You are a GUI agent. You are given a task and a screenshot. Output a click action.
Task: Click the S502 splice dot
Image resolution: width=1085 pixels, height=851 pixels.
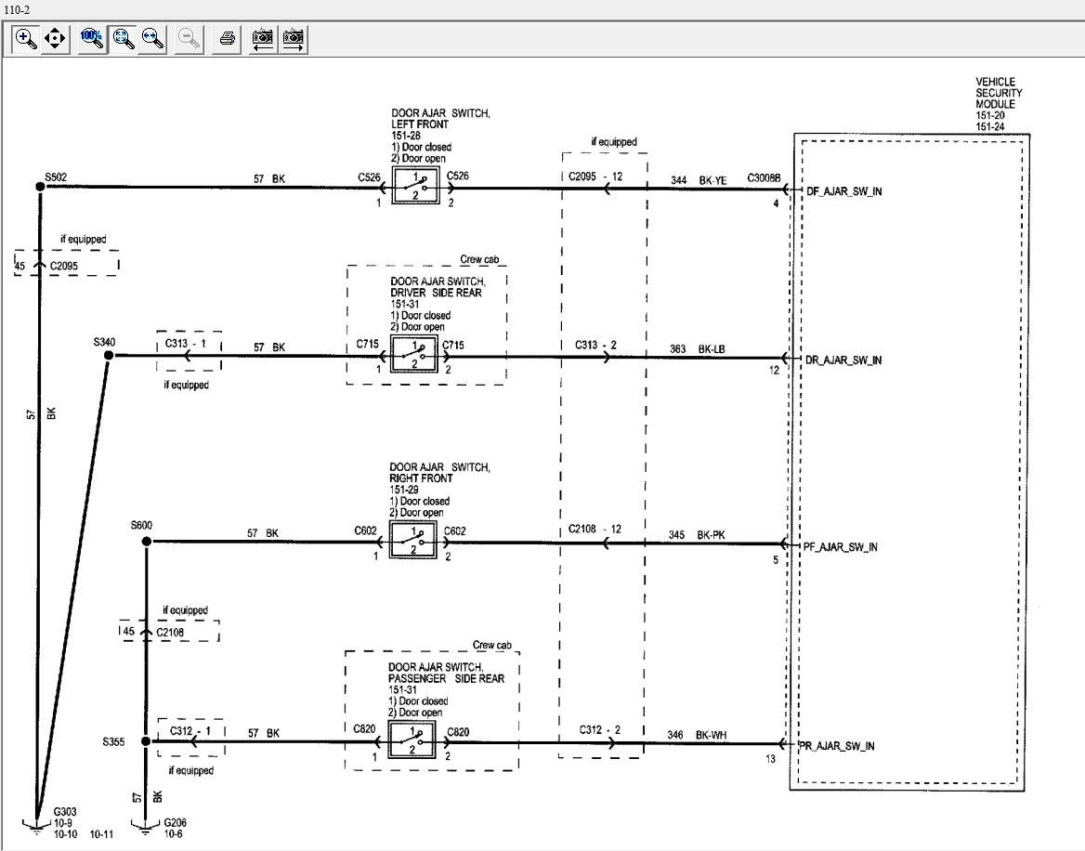coord(40,187)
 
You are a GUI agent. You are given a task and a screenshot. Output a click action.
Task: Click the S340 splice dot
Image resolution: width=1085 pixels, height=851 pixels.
coord(108,356)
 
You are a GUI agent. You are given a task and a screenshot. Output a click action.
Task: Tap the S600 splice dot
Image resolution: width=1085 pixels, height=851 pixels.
coord(146,542)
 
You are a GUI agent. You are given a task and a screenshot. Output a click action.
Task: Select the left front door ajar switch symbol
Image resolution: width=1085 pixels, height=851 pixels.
coord(415,187)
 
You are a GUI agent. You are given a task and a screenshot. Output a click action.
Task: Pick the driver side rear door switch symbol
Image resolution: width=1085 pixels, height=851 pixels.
coord(413,354)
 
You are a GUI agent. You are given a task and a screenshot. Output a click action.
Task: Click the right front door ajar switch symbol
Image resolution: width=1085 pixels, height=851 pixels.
coord(413,541)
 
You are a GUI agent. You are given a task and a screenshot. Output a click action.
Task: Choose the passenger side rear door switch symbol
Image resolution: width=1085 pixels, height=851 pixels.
coord(412,740)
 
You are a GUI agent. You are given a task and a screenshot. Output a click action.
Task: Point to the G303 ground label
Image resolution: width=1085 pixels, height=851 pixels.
coord(65,812)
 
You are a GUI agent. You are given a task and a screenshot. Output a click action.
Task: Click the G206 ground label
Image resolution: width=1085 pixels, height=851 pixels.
coord(175,822)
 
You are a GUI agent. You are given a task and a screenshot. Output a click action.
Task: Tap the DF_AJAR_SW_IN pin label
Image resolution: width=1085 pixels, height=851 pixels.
coord(844,191)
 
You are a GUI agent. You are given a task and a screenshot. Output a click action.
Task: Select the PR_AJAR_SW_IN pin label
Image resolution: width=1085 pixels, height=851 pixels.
coord(837,746)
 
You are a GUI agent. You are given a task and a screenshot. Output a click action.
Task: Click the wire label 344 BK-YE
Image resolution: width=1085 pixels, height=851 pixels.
coord(699,180)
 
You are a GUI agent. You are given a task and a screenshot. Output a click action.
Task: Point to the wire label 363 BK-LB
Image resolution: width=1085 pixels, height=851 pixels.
coord(698,348)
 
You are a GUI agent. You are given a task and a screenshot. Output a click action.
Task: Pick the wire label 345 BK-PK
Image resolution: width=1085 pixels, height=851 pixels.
coord(697,535)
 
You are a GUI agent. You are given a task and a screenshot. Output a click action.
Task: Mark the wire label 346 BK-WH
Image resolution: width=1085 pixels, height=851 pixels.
coord(697,735)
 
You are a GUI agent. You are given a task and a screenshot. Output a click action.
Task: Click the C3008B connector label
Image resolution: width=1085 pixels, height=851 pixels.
coord(764,177)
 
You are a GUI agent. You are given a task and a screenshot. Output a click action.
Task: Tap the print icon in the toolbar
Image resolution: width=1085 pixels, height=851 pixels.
coord(227,39)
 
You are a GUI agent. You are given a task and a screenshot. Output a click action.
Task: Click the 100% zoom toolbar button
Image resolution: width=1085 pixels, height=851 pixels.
coord(91,39)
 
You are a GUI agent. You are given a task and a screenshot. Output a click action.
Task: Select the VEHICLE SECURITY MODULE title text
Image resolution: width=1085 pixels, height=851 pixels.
coord(999,93)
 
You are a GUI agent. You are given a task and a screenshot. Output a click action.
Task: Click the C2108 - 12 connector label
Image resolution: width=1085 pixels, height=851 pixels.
coord(595,529)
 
